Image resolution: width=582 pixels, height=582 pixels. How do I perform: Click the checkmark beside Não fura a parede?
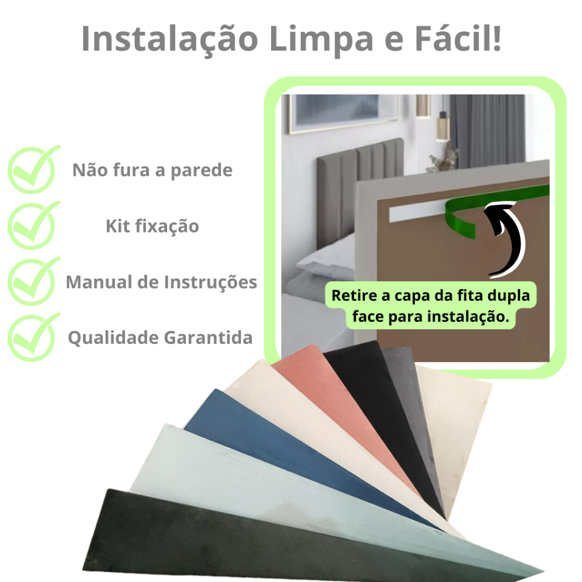[x=34, y=169]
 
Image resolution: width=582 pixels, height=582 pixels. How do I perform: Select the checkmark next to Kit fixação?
[x=34, y=225]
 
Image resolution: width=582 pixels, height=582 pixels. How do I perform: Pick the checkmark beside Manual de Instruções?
[x=34, y=281]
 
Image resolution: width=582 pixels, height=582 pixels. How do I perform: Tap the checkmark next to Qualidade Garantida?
[x=34, y=337]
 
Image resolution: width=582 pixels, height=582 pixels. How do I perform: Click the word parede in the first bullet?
[x=202, y=171]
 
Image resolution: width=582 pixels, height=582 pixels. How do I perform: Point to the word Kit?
[x=118, y=226]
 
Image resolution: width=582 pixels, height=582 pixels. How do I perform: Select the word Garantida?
[x=208, y=338]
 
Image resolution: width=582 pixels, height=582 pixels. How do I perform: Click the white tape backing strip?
[x=417, y=213]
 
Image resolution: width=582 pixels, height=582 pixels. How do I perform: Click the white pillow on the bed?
[x=327, y=256]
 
